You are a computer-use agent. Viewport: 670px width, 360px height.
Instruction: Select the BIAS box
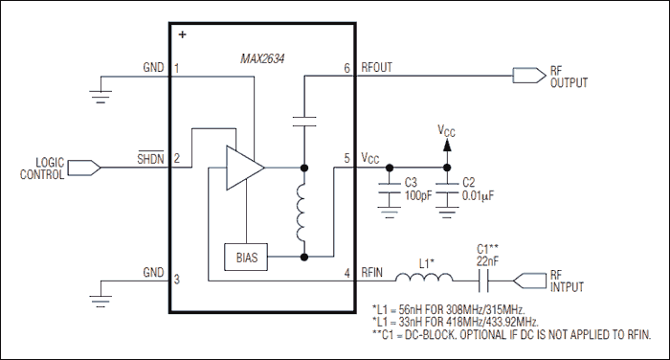click(246, 257)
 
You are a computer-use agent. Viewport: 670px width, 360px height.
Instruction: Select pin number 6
click(346, 69)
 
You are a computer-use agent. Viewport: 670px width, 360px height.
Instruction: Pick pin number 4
click(346, 273)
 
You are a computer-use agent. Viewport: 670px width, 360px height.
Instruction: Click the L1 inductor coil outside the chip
click(424, 280)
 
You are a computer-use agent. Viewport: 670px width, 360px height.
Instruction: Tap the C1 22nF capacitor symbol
click(485, 281)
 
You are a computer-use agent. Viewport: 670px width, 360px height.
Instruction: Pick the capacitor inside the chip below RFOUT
click(304, 123)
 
